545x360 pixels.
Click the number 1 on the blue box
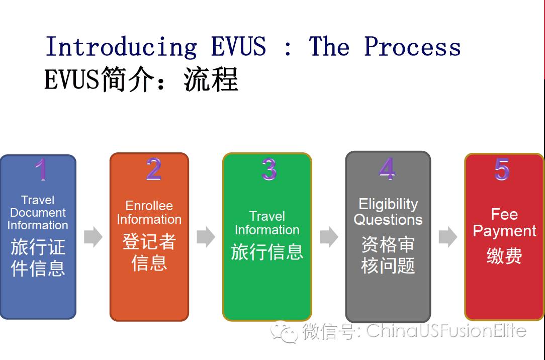(x=41, y=169)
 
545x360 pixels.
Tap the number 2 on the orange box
(x=154, y=169)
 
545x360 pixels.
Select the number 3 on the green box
(x=269, y=169)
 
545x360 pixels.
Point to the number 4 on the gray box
(x=387, y=168)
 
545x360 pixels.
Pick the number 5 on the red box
(x=502, y=169)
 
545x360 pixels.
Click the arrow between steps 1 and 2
(x=93, y=237)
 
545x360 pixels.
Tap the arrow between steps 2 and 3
(x=206, y=237)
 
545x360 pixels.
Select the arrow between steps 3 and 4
(x=329, y=237)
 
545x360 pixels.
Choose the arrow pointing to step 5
(x=448, y=237)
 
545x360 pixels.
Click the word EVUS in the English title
(x=238, y=46)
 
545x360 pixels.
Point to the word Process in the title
(x=412, y=46)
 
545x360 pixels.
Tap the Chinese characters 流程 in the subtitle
(x=211, y=79)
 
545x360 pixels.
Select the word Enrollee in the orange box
(x=149, y=206)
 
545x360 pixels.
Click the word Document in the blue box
(x=38, y=212)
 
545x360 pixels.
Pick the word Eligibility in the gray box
(x=388, y=205)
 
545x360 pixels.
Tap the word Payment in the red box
(x=505, y=231)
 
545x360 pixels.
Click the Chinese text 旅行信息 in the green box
(x=267, y=252)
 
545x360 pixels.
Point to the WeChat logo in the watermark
(x=285, y=332)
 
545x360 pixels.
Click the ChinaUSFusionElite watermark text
(x=446, y=330)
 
